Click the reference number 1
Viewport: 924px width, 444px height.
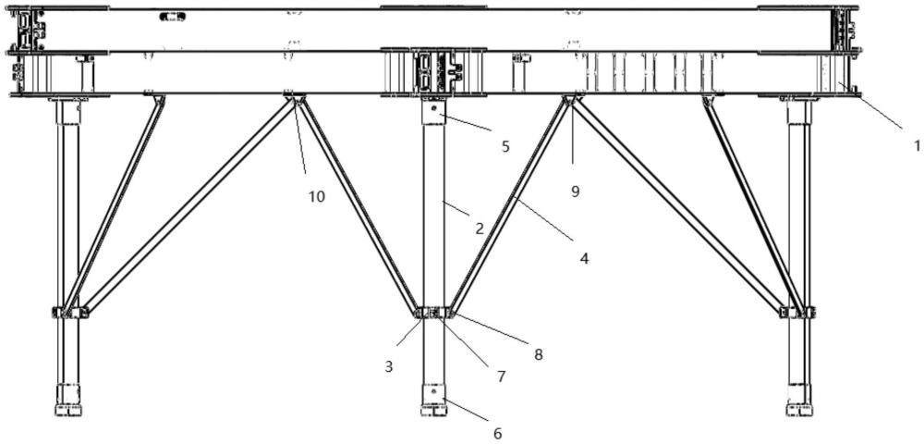pyautogui.click(x=916, y=145)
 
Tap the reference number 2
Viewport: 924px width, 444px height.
pyautogui.click(x=480, y=228)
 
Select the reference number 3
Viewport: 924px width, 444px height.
pyautogui.click(x=389, y=366)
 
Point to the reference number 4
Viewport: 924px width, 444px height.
pyautogui.click(x=583, y=259)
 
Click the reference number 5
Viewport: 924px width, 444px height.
pyautogui.click(x=505, y=145)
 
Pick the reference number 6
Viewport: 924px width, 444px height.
pyautogui.click(x=497, y=432)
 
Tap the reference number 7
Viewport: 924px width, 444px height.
pyautogui.click(x=501, y=376)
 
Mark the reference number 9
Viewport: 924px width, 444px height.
pyautogui.click(x=574, y=191)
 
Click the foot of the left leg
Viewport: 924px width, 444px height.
pyautogui.click(x=69, y=408)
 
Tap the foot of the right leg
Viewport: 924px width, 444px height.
pyautogui.click(x=799, y=408)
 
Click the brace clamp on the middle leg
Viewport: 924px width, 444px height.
pyautogui.click(x=433, y=314)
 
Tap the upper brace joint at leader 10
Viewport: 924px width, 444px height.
pyautogui.click(x=295, y=98)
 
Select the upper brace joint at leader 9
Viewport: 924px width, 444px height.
pyautogui.click(x=573, y=98)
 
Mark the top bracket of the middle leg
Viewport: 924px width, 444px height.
pyautogui.click(x=433, y=110)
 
